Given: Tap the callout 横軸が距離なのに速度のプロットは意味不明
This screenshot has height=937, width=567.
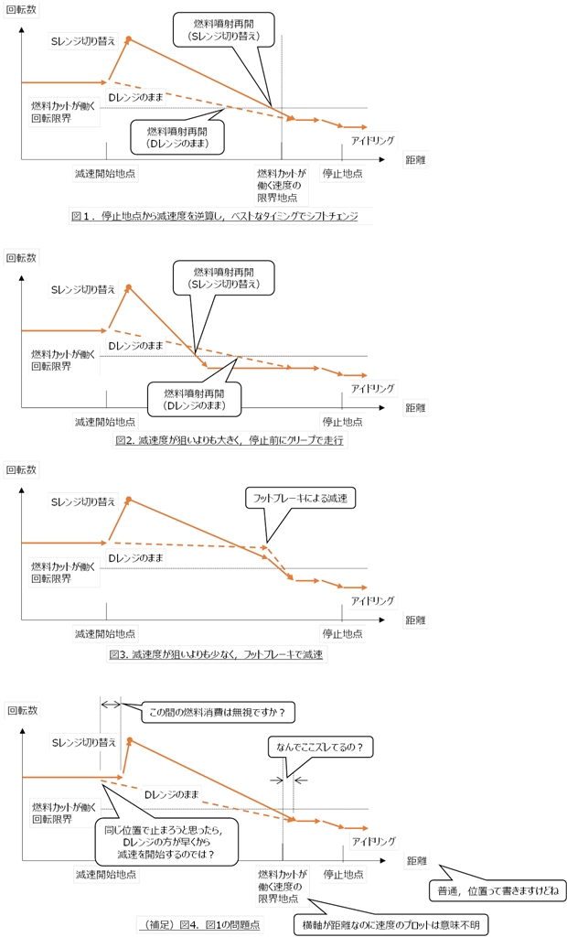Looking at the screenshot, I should click(390, 924).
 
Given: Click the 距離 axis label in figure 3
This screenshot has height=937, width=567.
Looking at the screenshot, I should click(416, 620).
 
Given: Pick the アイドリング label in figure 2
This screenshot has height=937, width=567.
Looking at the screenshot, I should click(373, 388).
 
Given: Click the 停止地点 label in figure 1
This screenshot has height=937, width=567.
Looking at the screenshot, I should click(343, 172).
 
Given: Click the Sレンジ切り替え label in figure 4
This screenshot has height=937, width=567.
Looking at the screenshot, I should click(83, 744).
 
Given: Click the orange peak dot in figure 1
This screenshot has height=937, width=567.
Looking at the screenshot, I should click(129, 38).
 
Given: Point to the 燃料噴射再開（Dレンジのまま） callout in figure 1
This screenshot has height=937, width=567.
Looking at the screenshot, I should click(178, 136).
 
